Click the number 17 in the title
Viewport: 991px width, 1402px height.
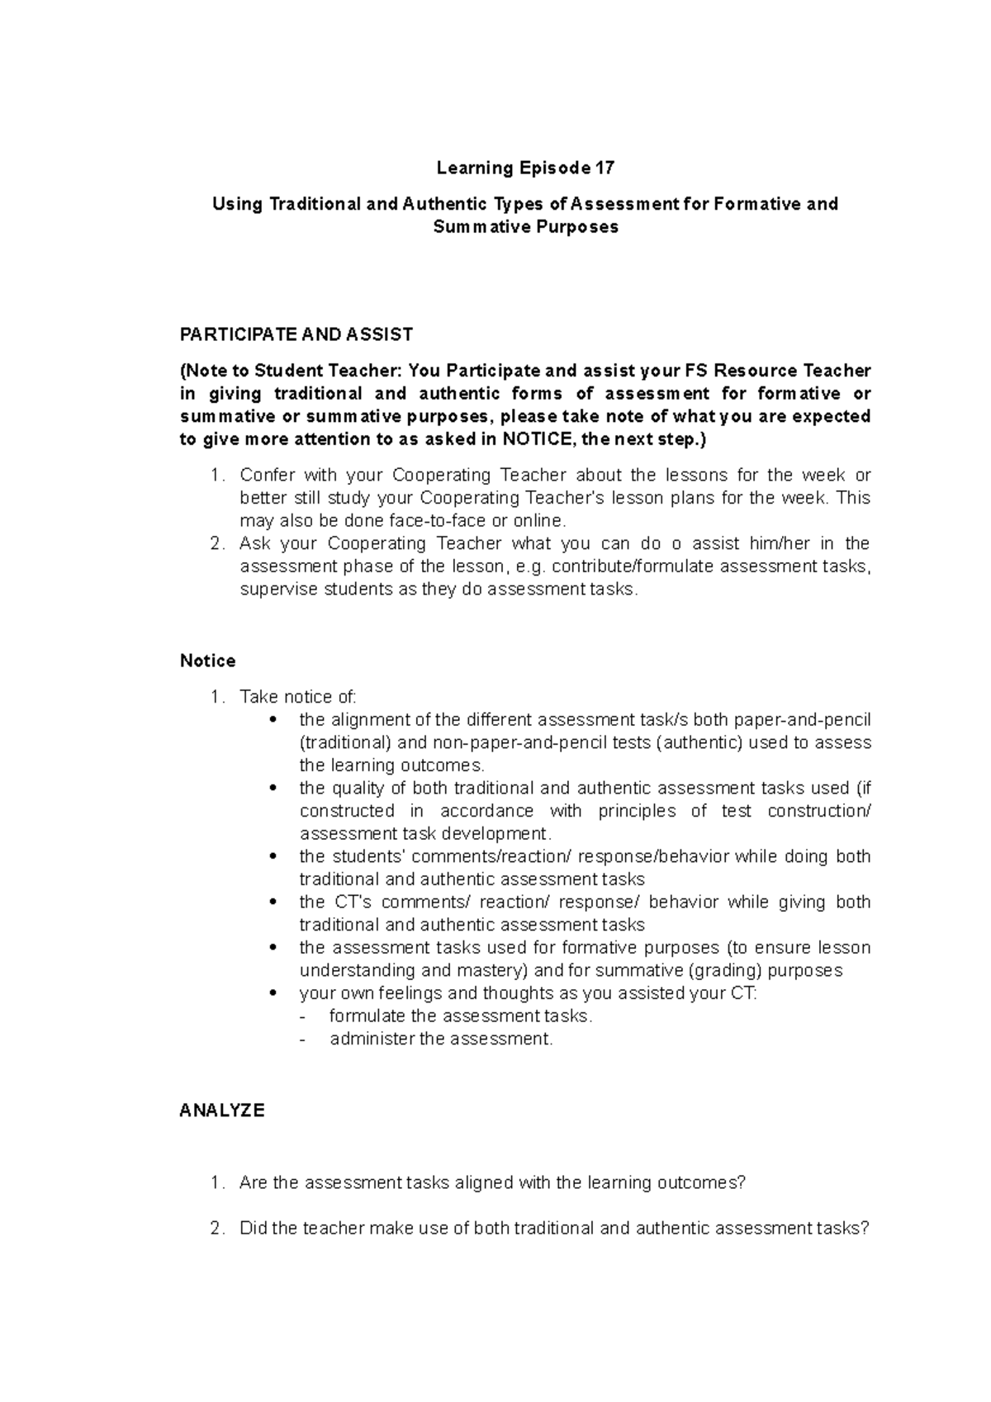[x=605, y=168]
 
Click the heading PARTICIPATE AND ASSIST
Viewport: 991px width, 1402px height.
[x=296, y=334]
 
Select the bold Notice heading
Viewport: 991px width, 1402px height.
[x=207, y=661]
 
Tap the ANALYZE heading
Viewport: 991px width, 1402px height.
[x=221, y=1111]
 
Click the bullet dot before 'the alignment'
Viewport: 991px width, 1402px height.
[x=273, y=720]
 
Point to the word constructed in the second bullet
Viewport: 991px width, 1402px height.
[x=347, y=811]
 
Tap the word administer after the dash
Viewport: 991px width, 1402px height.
[x=371, y=1039]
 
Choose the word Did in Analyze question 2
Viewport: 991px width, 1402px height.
[x=253, y=1228]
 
